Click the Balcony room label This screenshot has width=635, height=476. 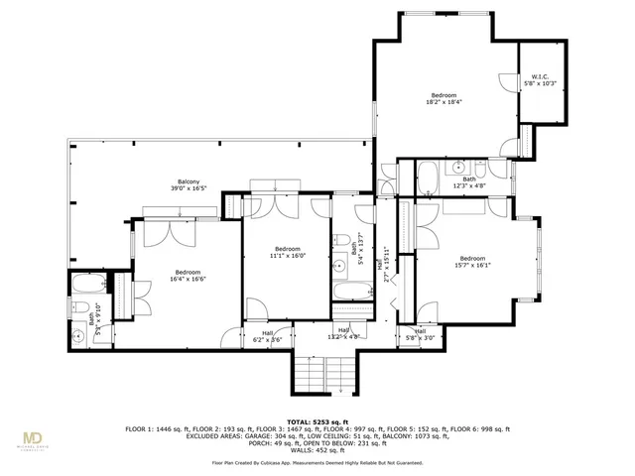click(x=189, y=181)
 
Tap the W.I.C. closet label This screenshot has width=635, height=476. click(x=540, y=77)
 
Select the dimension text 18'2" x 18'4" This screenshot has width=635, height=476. click(x=444, y=101)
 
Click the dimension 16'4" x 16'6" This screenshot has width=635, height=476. click(x=188, y=280)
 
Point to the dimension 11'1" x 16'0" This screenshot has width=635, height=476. click(x=287, y=255)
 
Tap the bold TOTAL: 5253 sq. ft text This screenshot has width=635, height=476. click(x=317, y=421)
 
